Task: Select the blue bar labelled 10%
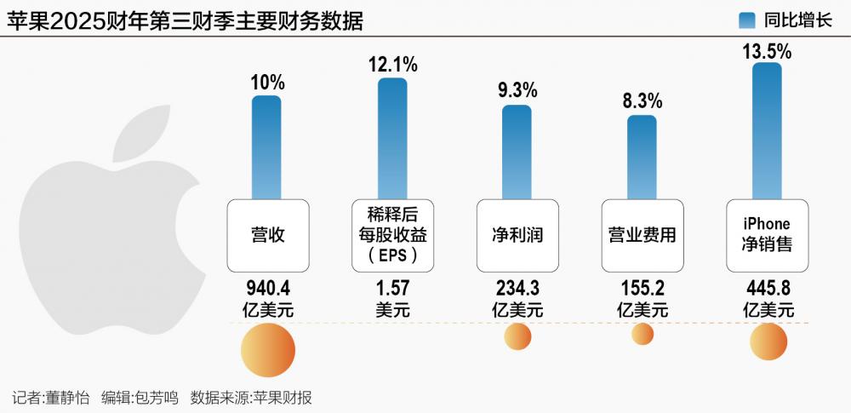tap(266, 146)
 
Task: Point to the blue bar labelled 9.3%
tap(517, 152)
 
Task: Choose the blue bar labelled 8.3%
tap(642, 157)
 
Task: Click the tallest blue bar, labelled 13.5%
tap(767, 129)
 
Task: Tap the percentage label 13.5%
tap(767, 52)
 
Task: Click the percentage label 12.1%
tap(392, 64)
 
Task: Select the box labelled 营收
tap(267, 235)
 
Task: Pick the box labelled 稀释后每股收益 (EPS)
tap(392, 235)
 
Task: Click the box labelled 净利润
tap(517, 235)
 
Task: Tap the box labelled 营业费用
tap(642, 235)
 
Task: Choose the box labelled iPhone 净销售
tap(767, 235)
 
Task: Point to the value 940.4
tap(267, 287)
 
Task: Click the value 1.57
tap(392, 287)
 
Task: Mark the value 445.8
tap(767, 287)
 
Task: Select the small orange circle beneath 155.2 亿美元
tap(643, 335)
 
